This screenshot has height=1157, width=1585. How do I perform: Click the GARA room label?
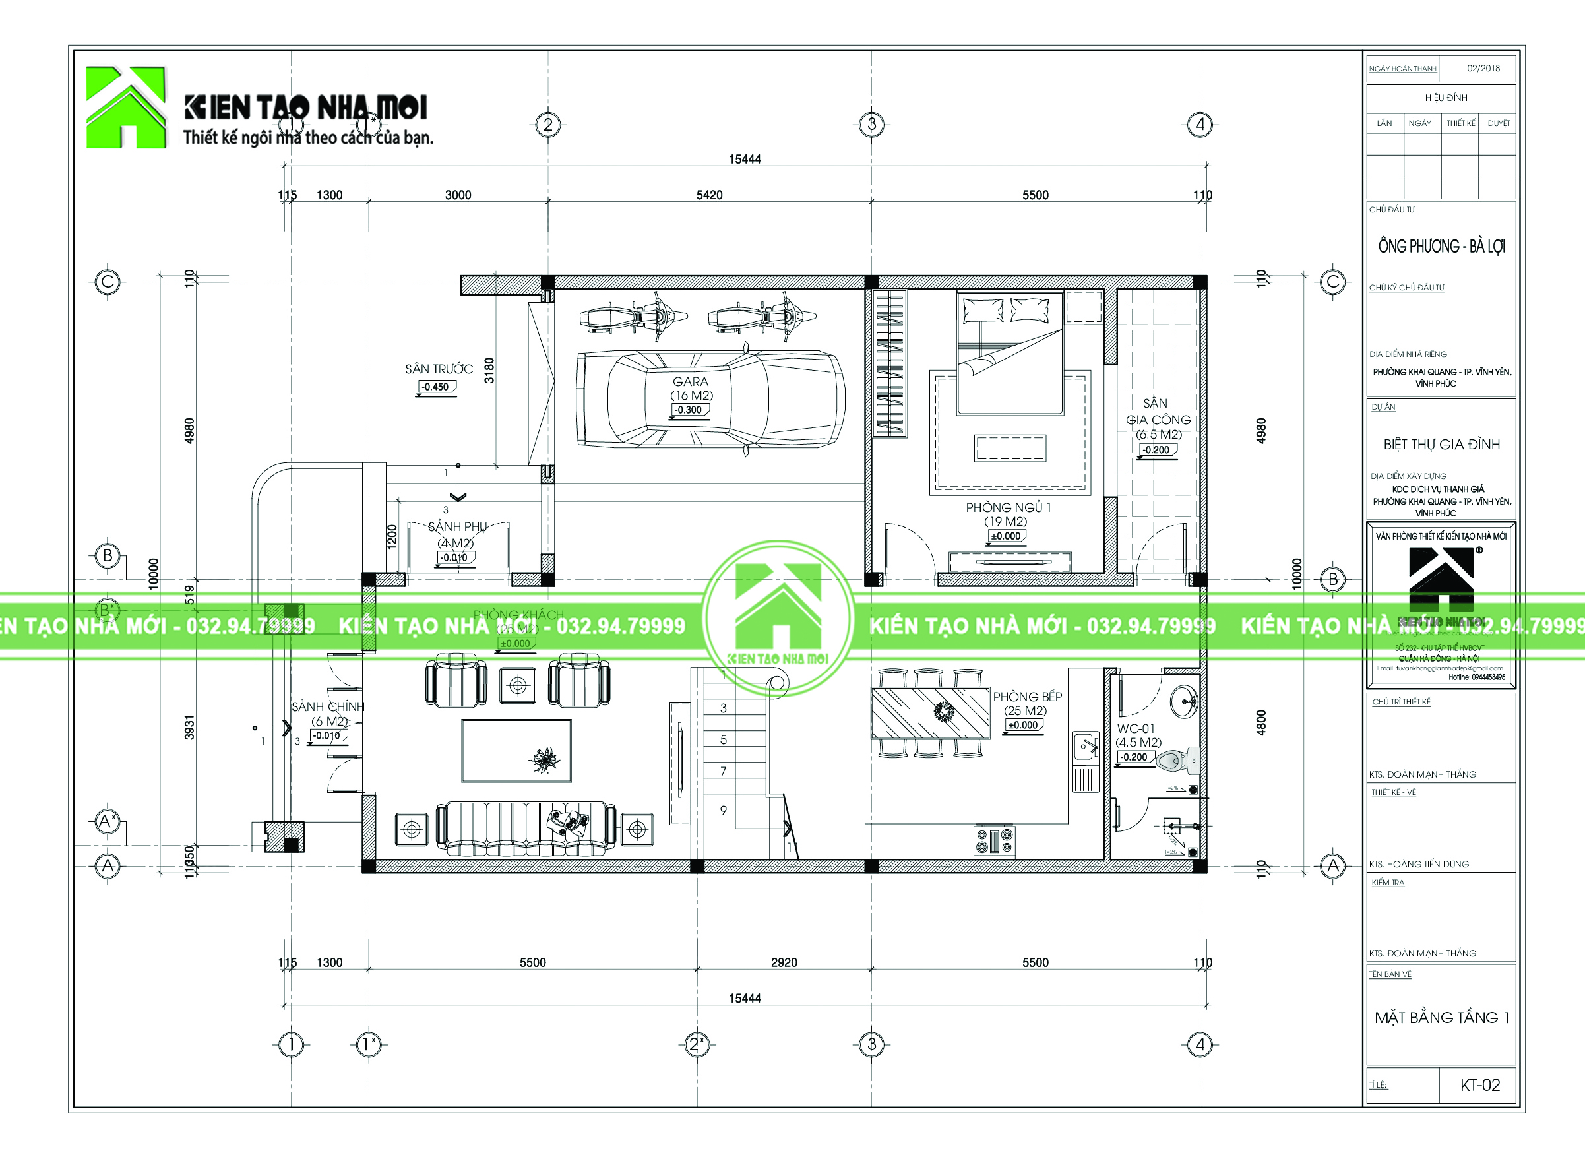(x=691, y=382)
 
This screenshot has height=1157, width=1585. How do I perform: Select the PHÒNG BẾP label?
(x=1027, y=697)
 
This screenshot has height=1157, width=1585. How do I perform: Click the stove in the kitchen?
(x=995, y=840)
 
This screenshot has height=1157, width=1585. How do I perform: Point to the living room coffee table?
(x=516, y=750)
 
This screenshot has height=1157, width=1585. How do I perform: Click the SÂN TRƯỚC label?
(x=439, y=369)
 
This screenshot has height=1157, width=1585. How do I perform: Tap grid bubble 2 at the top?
(x=547, y=125)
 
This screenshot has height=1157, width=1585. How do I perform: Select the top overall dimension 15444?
(x=745, y=159)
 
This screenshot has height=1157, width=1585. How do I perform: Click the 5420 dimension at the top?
(x=709, y=195)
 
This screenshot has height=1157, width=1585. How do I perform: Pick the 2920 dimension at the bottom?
(x=784, y=962)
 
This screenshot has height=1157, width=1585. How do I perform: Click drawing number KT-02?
(x=1479, y=1085)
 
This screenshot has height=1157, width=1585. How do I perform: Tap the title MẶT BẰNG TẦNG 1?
(x=1441, y=1018)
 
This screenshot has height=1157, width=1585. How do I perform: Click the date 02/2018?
(x=1483, y=68)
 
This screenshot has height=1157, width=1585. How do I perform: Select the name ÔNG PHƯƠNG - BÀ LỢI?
(x=1441, y=247)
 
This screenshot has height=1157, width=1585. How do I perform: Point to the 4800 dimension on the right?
(x=1260, y=722)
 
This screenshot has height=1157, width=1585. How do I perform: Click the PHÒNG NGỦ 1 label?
(x=1008, y=507)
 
